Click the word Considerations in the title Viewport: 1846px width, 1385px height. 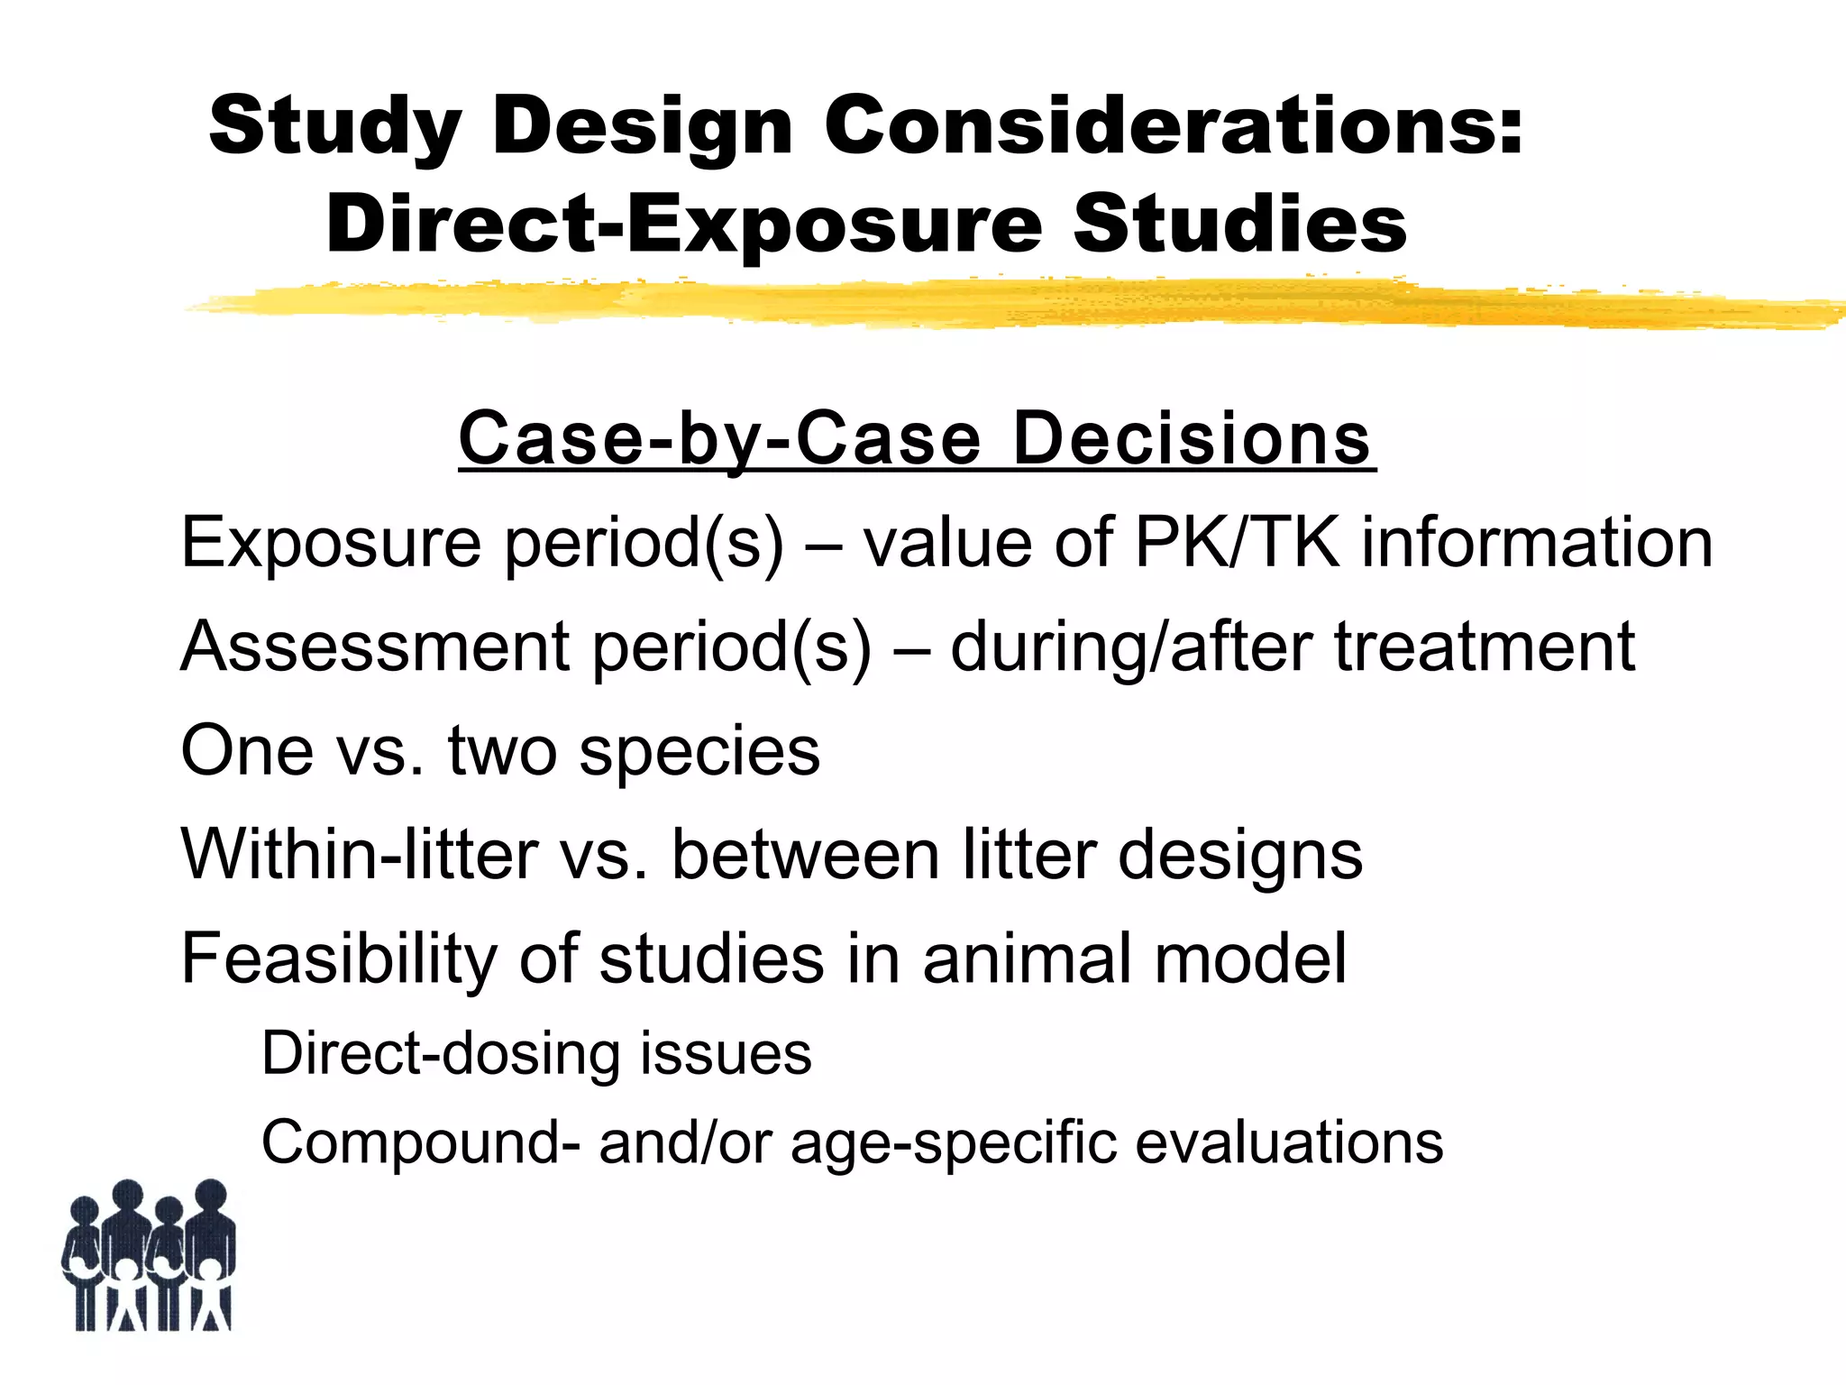tap(1173, 126)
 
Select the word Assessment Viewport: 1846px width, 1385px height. tap(375, 647)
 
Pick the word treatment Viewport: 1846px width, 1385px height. tap(1484, 647)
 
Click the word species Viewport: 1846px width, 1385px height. tap(699, 752)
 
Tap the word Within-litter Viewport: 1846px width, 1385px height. tap(360, 854)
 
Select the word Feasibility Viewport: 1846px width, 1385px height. tap(339, 958)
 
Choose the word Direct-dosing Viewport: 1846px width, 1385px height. tap(441, 1053)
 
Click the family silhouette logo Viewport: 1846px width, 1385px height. tap(149, 1255)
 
